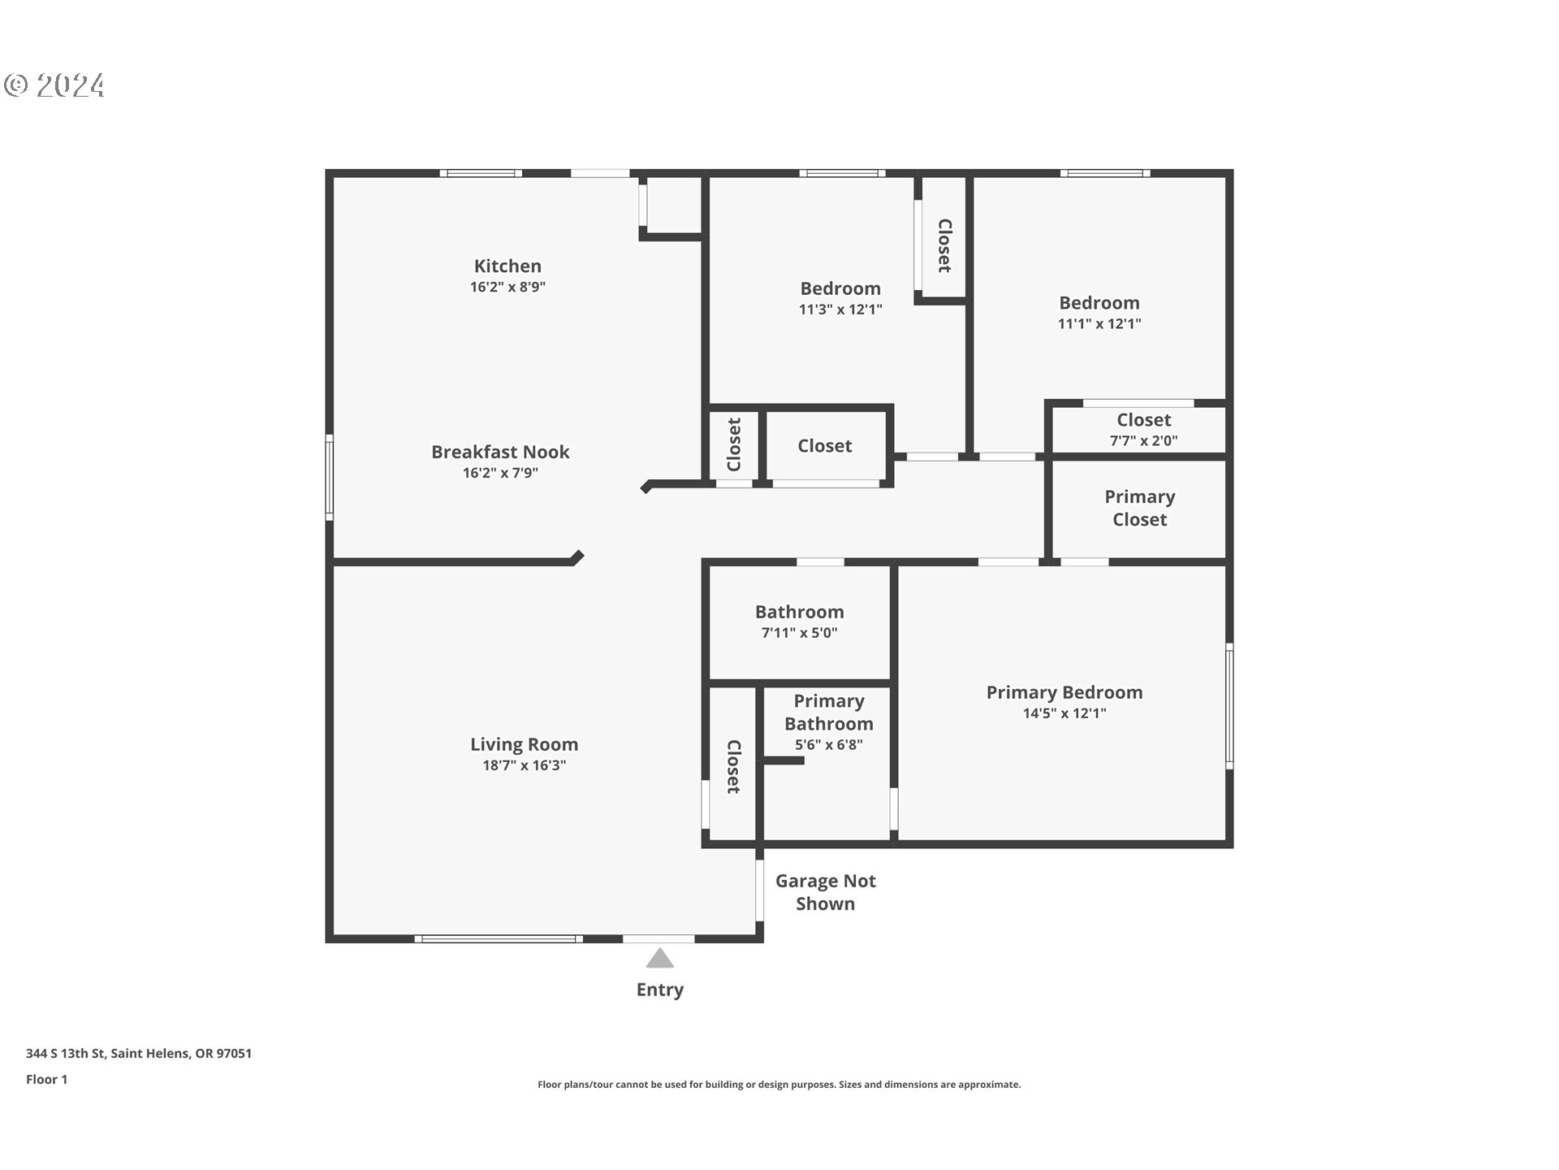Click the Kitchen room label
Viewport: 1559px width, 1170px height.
(507, 266)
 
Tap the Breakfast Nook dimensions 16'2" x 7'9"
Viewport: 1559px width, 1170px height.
(500, 473)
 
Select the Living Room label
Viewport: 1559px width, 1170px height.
(524, 744)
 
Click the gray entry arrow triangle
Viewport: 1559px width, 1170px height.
(660, 960)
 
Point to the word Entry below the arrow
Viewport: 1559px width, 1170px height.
(659, 990)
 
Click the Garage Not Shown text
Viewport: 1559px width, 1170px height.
(825, 892)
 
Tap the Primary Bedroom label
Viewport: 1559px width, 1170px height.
(1064, 692)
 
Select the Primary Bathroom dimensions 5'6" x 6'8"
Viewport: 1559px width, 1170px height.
(828, 744)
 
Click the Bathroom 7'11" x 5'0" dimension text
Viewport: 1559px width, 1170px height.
(799, 633)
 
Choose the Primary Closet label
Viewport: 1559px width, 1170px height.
(1139, 508)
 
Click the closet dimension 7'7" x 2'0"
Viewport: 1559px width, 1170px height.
(1143, 440)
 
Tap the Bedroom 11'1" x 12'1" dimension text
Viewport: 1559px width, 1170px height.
(1099, 323)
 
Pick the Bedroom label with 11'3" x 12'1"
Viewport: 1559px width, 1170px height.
(840, 288)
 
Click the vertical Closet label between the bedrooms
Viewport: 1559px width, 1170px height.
(944, 245)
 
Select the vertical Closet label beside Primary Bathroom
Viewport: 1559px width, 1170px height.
(733, 766)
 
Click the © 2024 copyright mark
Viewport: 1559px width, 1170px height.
(54, 85)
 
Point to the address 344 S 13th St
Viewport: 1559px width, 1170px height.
(139, 1053)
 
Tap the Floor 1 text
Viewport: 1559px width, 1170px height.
(46, 1079)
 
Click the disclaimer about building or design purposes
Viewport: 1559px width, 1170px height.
(779, 1085)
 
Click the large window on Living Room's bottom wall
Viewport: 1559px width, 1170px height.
(499, 939)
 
